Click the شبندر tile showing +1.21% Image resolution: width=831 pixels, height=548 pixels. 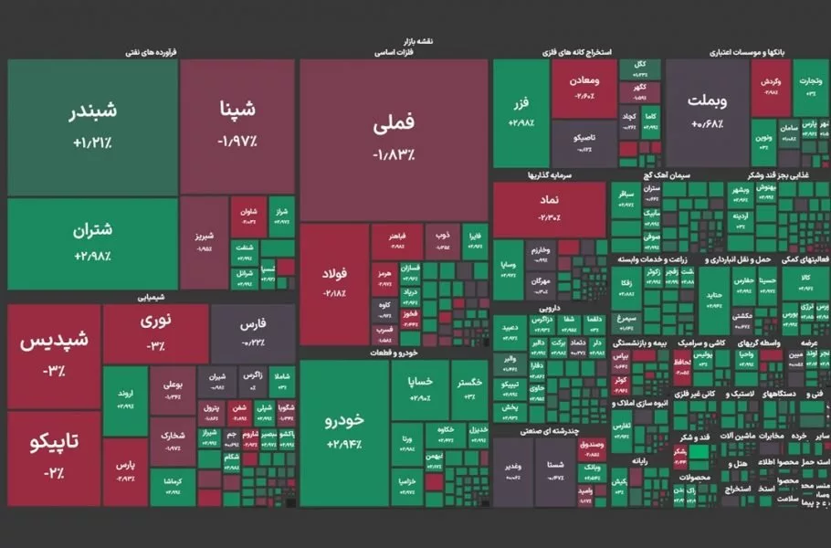[92, 127]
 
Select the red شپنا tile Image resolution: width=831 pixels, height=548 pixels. [237, 126]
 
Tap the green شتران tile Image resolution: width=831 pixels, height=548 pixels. [92, 243]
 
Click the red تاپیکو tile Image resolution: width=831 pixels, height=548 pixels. [53, 457]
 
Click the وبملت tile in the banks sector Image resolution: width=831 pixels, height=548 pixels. [706, 111]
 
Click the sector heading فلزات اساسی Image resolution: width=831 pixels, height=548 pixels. [394, 53]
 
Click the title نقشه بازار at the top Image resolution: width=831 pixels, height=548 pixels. [415, 41]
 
